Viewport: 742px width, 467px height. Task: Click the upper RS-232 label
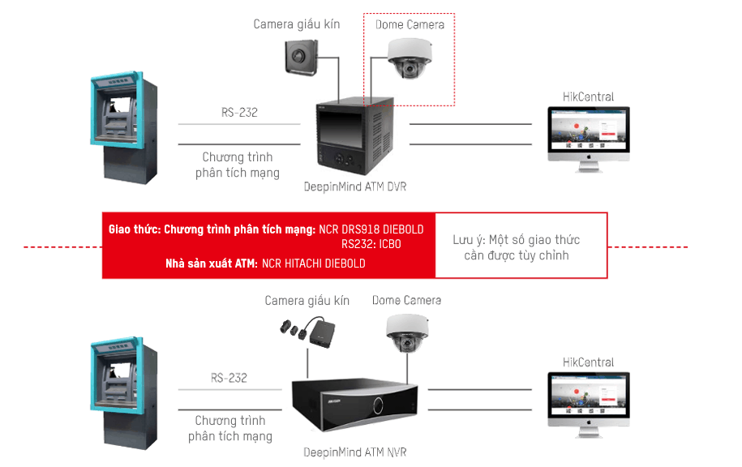click(x=238, y=113)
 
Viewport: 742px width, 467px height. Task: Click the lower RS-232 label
click(x=229, y=378)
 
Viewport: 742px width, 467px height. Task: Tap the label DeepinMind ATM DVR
click(x=354, y=187)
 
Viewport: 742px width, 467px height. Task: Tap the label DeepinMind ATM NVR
click(x=354, y=452)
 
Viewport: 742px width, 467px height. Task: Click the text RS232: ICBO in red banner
click(x=371, y=244)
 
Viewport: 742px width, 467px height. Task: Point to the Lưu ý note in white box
click(x=516, y=247)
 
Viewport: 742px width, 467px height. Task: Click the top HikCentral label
click(x=588, y=96)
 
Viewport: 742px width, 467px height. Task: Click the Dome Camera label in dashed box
click(x=410, y=24)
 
